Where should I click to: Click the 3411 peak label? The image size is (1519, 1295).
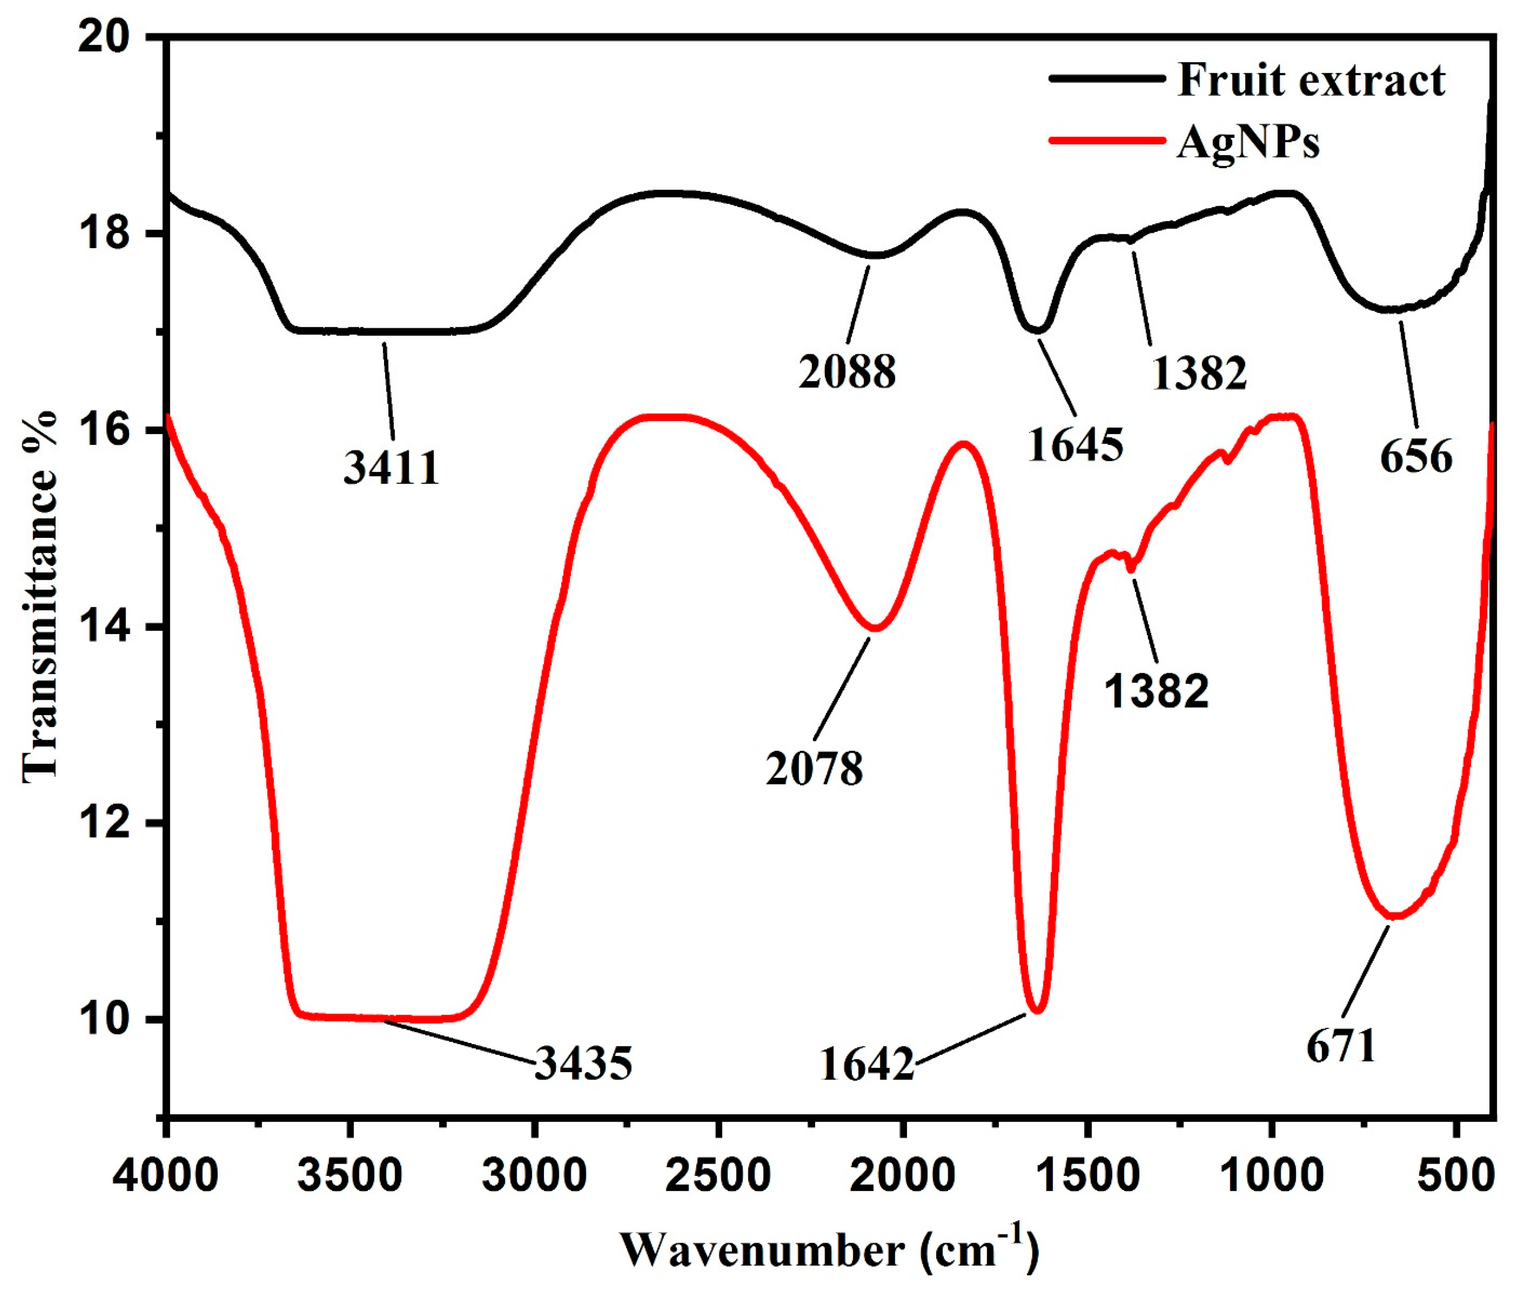click(x=392, y=467)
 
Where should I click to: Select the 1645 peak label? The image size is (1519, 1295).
click(x=1075, y=444)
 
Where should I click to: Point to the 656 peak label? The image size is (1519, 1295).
click(x=1416, y=457)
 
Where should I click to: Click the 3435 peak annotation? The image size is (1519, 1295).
click(x=583, y=1063)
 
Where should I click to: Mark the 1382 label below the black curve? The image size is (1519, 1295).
click(x=1200, y=372)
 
